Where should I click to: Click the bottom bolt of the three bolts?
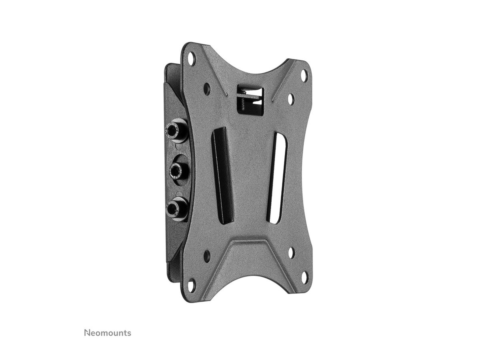point(173,208)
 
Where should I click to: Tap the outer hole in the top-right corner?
point(305,74)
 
